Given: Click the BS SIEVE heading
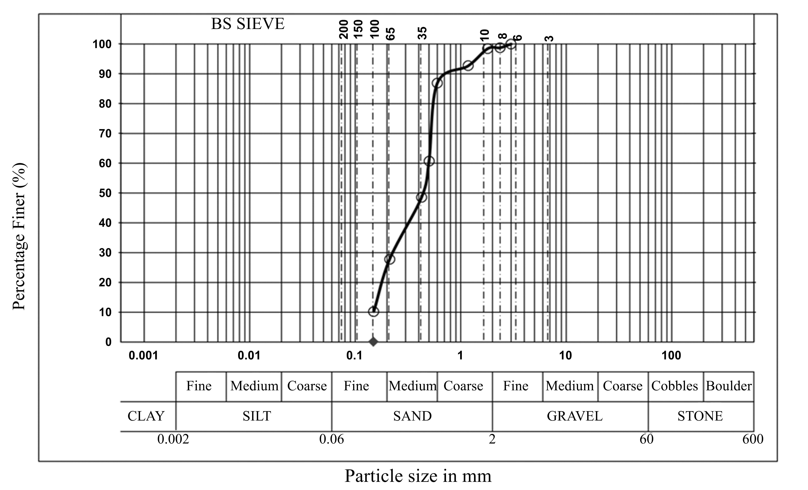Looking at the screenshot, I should point(248,24).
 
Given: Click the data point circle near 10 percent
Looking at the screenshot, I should point(373,311).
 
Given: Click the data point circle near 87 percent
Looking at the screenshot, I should point(437,83).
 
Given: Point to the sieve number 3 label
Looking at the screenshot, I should point(549,38).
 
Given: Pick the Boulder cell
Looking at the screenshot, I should point(728,386).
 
